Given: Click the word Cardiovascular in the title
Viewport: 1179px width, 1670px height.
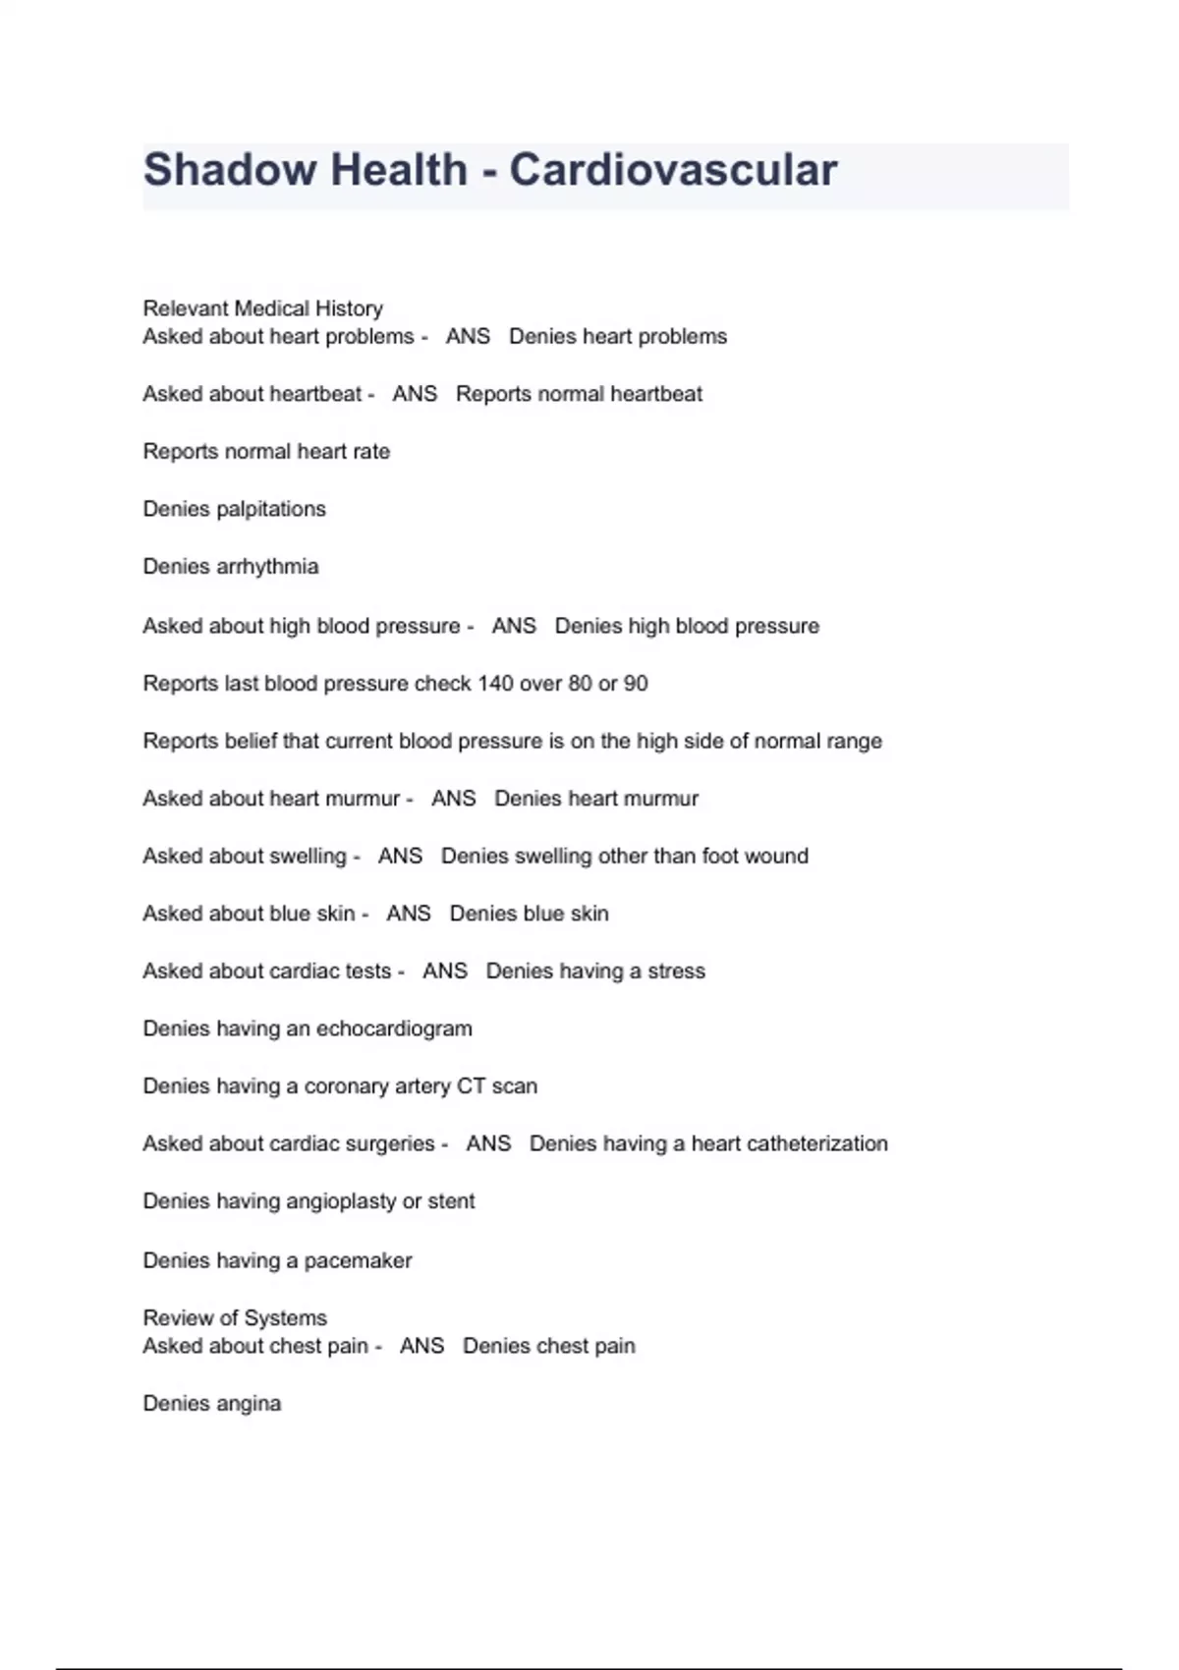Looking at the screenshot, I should (673, 170).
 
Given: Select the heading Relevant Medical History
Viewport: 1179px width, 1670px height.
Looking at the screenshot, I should (262, 308).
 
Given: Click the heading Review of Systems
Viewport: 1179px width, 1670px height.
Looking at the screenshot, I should (235, 1317).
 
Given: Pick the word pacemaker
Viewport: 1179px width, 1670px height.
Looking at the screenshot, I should (358, 1260).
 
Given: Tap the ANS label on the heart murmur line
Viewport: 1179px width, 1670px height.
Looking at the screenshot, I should (453, 799).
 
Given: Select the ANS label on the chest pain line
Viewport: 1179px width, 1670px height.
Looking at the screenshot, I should (421, 1346).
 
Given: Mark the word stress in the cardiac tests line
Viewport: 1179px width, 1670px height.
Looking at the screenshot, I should (676, 972).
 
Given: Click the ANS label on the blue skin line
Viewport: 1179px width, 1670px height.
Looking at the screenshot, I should (408, 914).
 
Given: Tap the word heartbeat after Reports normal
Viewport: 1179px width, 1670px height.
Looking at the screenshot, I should (656, 394).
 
